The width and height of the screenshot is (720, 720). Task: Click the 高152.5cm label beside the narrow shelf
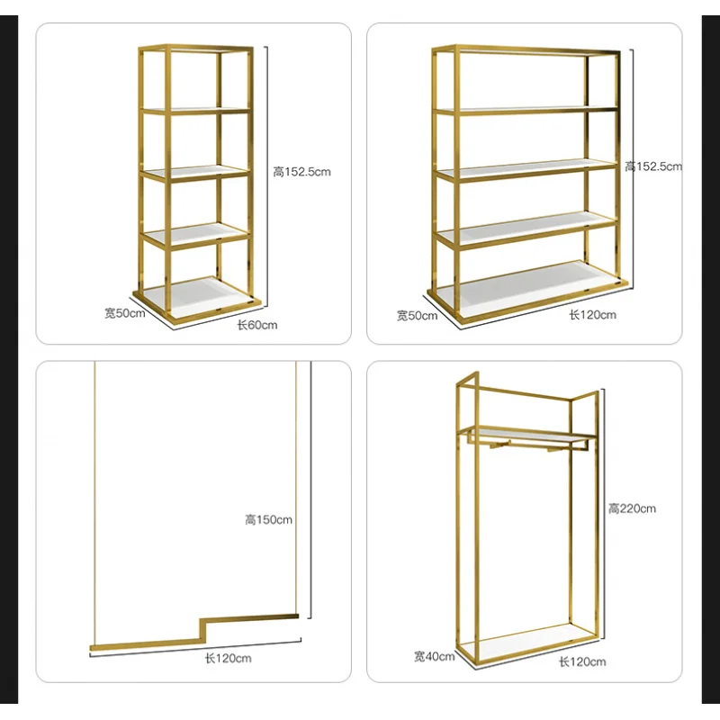302,172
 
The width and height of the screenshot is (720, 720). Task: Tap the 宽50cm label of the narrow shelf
124,312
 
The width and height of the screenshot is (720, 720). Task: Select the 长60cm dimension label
257,325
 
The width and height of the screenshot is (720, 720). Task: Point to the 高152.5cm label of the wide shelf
654,166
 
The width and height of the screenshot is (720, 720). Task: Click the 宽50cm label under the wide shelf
417,315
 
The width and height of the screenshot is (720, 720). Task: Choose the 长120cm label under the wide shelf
592,315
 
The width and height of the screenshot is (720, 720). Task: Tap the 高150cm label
268,519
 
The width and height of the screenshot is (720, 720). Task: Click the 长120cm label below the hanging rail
228,659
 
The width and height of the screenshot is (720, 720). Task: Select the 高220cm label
632,508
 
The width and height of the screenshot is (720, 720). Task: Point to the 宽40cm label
435,656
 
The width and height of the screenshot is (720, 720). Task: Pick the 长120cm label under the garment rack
581,662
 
